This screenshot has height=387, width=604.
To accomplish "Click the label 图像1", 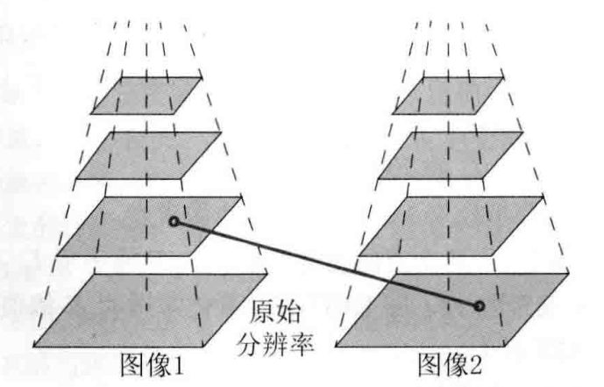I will pos(153,361).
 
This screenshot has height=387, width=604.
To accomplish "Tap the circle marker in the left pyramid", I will pos(174,221).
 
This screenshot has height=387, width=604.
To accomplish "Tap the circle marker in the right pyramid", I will pos(480,306).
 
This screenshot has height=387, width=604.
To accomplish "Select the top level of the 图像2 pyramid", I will pos(450,95).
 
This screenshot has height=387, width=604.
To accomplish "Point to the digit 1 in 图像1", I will pos(180,361).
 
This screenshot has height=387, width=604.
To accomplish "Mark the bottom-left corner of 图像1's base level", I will pos(33,346).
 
